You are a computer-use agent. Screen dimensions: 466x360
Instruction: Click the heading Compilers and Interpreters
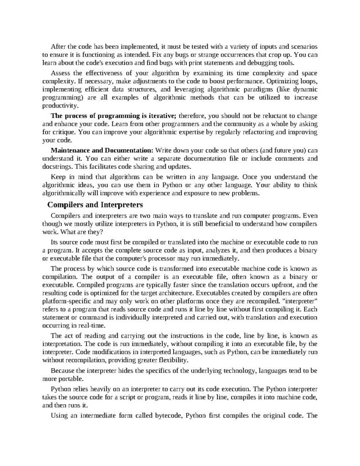pyautogui.click(x=95, y=204)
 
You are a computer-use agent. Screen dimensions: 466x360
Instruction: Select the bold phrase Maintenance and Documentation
pyautogui.click(x=102, y=150)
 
